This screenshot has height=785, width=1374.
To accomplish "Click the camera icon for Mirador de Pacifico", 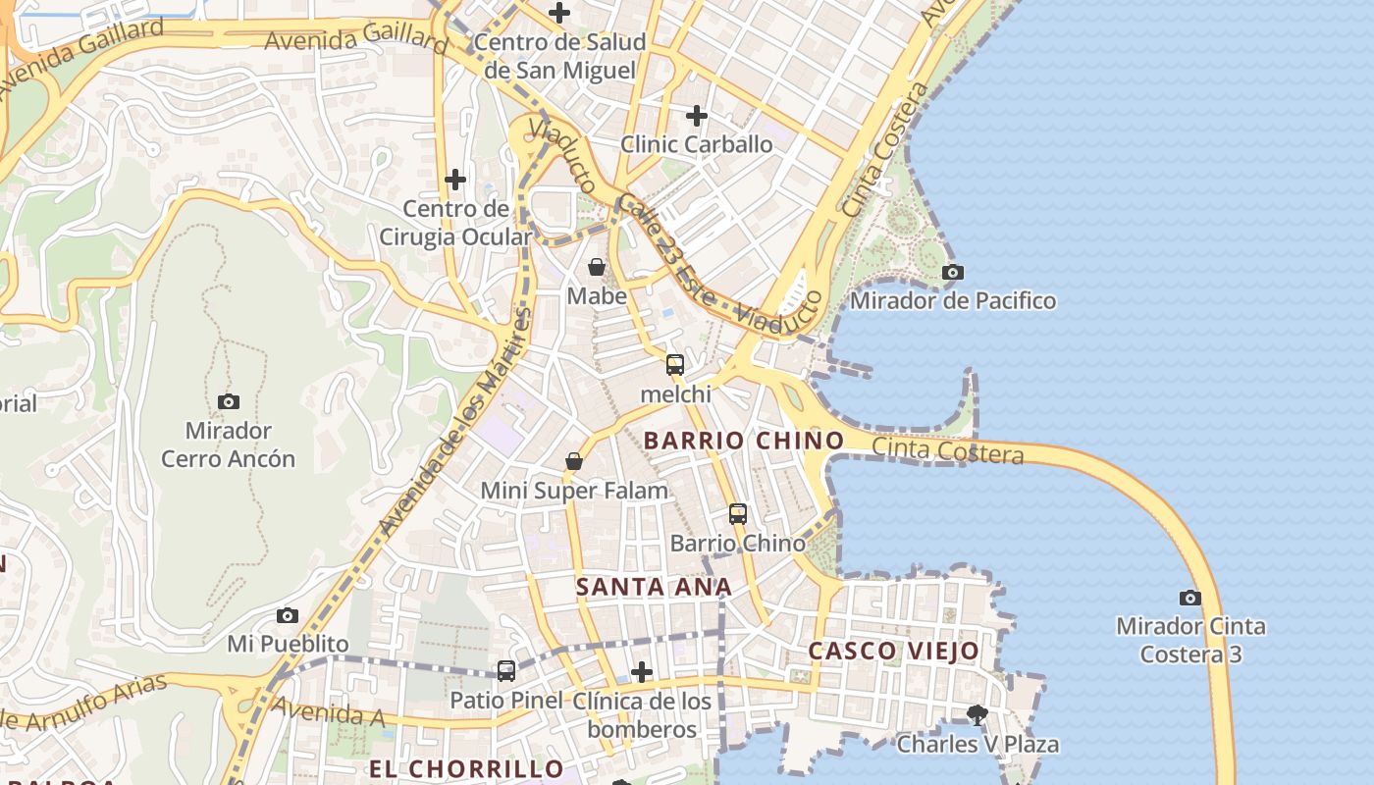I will [952, 273].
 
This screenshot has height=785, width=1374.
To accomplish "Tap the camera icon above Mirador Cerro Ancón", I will [228, 401].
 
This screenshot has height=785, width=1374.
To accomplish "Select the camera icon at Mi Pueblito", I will [288, 615].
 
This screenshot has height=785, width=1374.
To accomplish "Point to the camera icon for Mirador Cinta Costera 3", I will [1189, 598].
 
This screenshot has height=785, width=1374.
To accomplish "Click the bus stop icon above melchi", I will [675, 365].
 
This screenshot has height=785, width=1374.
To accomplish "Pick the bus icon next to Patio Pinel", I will [506, 671].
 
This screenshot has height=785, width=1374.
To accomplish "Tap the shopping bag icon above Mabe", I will [596, 267].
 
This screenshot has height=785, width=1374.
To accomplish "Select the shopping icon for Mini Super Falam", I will [574, 461].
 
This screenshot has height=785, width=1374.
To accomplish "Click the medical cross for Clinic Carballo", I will [697, 116].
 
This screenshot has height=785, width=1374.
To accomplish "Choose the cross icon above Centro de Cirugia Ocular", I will [455, 180].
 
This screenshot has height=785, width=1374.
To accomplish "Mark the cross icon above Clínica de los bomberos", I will [642, 672].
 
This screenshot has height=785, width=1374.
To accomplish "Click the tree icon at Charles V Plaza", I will [977, 714].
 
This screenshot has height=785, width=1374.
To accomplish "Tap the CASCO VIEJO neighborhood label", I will [893, 651].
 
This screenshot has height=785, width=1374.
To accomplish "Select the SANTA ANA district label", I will [654, 587].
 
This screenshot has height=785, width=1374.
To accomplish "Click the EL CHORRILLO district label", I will [466, 768].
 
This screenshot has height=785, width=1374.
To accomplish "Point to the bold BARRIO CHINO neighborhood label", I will [743, 441].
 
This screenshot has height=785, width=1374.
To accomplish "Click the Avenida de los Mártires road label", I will [456, 422].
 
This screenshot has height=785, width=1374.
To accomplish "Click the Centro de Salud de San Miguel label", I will [560, 56].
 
